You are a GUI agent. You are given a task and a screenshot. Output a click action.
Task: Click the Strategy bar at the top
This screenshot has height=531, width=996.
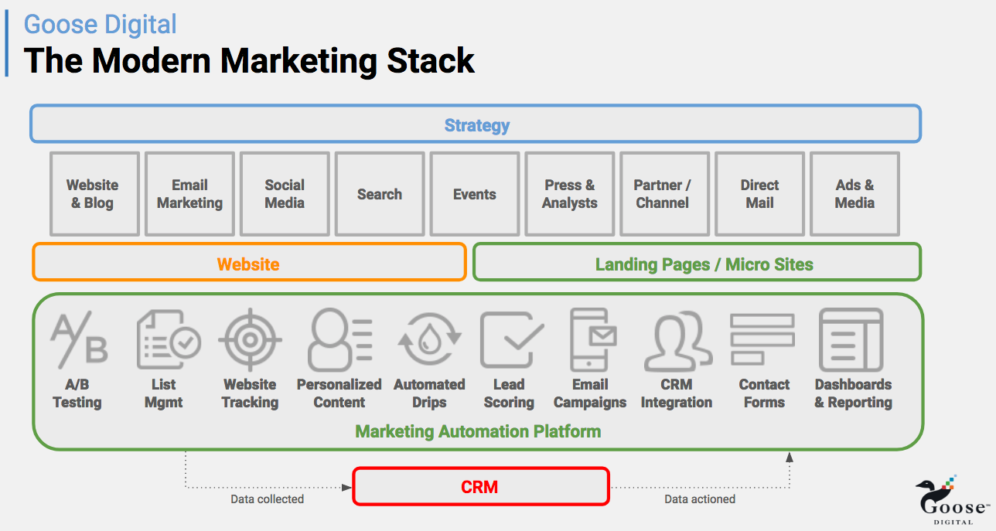[x=476, y=124]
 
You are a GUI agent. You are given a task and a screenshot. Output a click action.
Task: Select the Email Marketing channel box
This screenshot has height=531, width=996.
[x=189, y=194]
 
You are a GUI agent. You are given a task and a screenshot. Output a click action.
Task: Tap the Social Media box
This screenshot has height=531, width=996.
[x=285, y=194]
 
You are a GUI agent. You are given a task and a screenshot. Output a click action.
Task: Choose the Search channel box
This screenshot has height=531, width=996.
[x=380, y=194]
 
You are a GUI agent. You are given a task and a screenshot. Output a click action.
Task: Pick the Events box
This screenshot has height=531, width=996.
[x=475, y=194]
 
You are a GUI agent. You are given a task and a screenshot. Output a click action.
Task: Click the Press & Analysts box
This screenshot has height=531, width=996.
[x=570, y=194]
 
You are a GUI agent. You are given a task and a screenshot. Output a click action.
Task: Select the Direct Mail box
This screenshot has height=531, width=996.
[x=759, y=194]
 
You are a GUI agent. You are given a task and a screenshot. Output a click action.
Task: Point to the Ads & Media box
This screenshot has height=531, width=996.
[x=854, y=194]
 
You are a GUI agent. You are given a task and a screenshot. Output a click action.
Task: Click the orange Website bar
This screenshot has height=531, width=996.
[x=249, y=263]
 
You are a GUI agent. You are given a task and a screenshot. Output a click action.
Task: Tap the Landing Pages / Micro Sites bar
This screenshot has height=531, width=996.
[x=697, y=263]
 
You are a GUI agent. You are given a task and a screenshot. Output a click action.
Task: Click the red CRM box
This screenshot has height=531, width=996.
[x=480, y=487]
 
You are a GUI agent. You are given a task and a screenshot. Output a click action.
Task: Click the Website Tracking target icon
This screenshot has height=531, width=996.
[x=250, y=339]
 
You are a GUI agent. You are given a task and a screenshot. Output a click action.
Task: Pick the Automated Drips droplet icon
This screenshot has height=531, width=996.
[x=429, y=339]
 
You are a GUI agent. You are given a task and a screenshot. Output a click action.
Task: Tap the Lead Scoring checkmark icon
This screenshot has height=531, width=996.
[x=510, y=339]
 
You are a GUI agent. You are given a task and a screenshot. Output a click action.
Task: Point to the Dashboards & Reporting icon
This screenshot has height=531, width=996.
[x=851, y=339]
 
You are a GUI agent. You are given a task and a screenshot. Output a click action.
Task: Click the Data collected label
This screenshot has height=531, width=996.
[x=267, y=499]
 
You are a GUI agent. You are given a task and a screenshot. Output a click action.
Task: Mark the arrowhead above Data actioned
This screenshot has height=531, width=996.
[x=790, y=457]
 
